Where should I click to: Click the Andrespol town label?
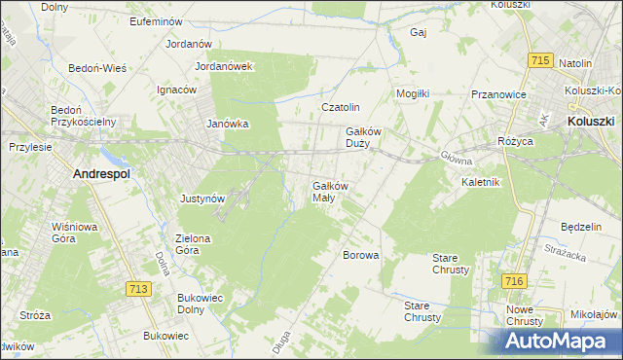[102, 174]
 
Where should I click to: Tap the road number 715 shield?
[542, 60]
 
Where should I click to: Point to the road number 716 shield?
[515, 280]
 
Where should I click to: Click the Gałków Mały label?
[330, 191]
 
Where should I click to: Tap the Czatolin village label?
[342, 107]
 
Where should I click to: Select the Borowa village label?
[360, 255]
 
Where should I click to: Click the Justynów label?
[203, 198]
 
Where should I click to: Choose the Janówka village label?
[229, 124]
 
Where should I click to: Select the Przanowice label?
[498, 94]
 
